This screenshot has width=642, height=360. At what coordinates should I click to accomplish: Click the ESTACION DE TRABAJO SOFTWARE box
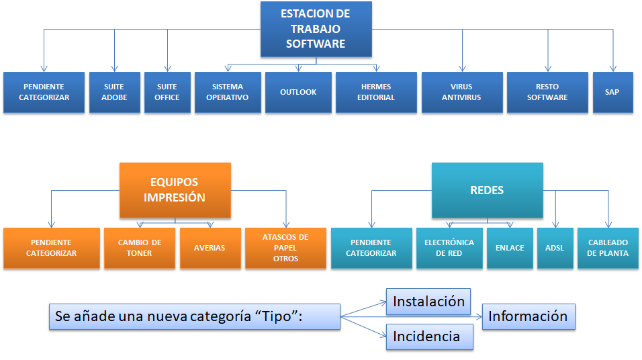click(316, 30)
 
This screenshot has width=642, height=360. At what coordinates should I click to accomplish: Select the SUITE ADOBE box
click(113, 92)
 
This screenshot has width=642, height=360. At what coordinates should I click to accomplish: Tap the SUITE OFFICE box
click(167, 92)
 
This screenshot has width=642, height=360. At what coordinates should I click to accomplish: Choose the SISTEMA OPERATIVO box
click(228, 92)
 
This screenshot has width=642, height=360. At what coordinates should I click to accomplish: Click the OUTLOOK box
click(298, 92)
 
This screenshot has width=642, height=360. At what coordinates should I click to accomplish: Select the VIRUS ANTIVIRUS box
click(461, 92)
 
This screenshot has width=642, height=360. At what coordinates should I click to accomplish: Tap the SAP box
click(612, 92)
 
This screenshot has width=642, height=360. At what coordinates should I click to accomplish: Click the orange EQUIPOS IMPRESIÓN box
click(175, 190)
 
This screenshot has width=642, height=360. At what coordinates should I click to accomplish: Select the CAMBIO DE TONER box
click(139, 248)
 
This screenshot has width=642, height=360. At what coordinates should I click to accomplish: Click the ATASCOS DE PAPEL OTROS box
click(285, 248)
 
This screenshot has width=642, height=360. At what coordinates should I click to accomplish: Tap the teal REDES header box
click(487, 190)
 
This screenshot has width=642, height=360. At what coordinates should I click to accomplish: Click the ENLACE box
click(509, 248)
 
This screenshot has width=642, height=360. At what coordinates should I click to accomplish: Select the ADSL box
click(555, 248)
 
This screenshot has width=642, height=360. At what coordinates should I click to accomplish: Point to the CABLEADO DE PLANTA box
click(608, 248)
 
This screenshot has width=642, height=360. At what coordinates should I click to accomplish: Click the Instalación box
click(428, 302)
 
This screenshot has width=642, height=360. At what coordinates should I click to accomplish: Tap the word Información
click(528, 316)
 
